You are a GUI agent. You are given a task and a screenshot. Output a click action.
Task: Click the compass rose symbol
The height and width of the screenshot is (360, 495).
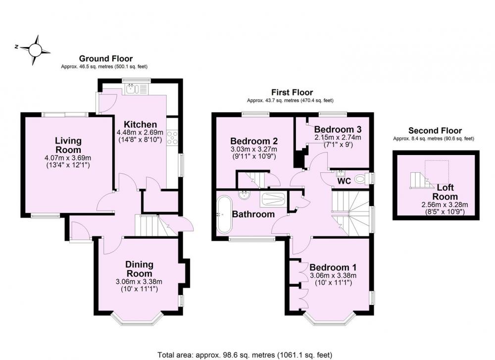tap(35, 50)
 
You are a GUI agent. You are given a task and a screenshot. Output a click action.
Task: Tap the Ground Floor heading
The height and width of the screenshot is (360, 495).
tap(106, 58)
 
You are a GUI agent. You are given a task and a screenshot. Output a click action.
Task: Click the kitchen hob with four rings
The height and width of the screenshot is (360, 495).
tap(172, 138)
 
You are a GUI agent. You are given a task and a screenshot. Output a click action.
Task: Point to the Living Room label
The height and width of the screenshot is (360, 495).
tap(68, 145)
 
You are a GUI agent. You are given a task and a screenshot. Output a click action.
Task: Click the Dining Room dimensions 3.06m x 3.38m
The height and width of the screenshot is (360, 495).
tap(139, 282)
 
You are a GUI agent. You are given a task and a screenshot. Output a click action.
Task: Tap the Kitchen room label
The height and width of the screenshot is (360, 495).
tap(140, 124)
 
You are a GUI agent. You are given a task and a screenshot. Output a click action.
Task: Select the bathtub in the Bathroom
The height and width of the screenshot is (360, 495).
tap(224, 214)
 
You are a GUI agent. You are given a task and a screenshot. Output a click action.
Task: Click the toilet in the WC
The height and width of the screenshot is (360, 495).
tap(361, 180)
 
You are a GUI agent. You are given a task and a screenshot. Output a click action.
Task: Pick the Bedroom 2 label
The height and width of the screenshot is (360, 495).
tap(254, 141)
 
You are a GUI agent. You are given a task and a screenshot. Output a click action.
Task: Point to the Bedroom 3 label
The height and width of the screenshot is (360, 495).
tap(338, 129)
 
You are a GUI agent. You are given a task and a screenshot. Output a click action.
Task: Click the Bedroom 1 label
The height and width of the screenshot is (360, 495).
tap(333, 267)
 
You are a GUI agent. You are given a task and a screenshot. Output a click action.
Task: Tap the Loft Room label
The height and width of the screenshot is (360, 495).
tap(445, 192)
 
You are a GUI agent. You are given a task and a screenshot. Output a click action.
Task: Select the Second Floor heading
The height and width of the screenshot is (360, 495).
tap(435, 130)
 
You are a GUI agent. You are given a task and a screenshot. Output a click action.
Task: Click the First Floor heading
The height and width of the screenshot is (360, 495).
tap(292, 92)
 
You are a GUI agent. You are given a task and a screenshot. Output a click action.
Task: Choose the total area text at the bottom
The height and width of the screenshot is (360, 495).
tap(245, 355)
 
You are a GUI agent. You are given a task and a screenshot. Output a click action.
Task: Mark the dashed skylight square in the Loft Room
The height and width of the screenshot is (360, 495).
tap(437, 172)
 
